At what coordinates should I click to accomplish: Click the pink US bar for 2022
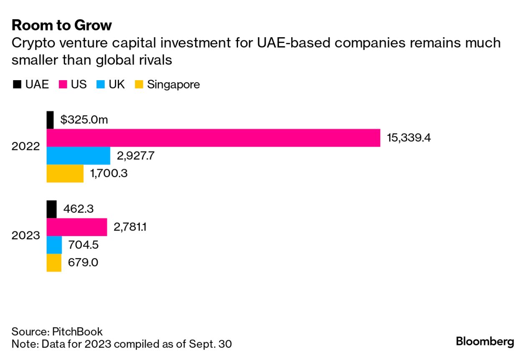coord(213,138)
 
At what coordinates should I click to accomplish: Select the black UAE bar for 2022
coord(50,120)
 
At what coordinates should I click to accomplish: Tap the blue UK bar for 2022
coord(78,156)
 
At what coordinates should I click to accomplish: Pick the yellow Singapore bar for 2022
coord(65,173)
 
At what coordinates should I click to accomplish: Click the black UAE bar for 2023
coord(51,209)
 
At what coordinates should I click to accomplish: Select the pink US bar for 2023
coord(76,227)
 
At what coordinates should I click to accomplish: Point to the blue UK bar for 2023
coord(54,245)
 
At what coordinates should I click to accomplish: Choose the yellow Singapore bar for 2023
coord(54,263)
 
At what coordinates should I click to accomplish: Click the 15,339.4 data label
coord(409,138)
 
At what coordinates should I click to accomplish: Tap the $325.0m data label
coord(84,120)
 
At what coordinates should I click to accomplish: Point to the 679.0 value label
coord(83,263)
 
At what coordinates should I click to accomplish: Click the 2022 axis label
coord(26,147)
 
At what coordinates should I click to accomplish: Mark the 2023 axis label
coord(26,236)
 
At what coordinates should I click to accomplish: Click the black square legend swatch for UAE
coord(17,85)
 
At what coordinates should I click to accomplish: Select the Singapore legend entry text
coord(173,85)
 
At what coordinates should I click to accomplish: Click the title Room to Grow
coord(62,25)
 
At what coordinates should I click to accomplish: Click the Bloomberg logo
coord(485,341)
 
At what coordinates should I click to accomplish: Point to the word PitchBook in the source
coord(77,332)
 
